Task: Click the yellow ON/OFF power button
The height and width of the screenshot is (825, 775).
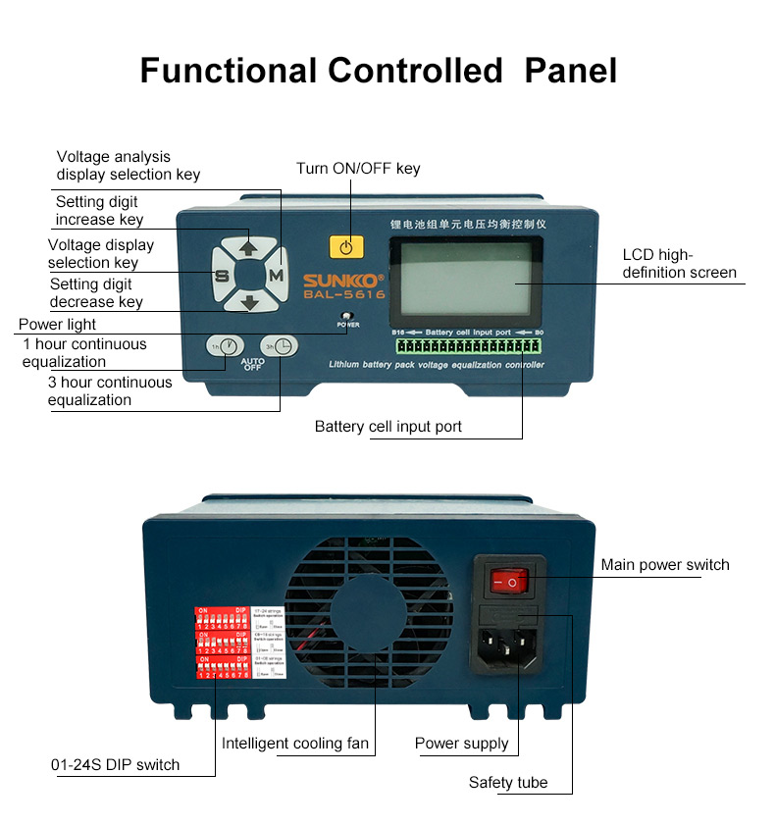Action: click(345, 246)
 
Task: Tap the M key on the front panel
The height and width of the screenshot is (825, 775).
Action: click(277, 277)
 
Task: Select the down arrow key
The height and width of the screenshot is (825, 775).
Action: click(249, 303)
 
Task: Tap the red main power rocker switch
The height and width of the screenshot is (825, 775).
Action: click(509, 583)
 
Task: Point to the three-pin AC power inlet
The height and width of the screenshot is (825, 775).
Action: click(510, 648)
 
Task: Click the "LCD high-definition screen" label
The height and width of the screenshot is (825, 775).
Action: click(679, 264)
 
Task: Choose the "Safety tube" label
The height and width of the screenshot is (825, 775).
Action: click(507, 782)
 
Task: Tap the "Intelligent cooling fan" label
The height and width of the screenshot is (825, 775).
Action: click(295, 744)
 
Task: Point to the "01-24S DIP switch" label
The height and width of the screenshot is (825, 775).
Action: click(116, 764)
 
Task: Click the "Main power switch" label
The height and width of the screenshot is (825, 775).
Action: click(665, 564)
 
